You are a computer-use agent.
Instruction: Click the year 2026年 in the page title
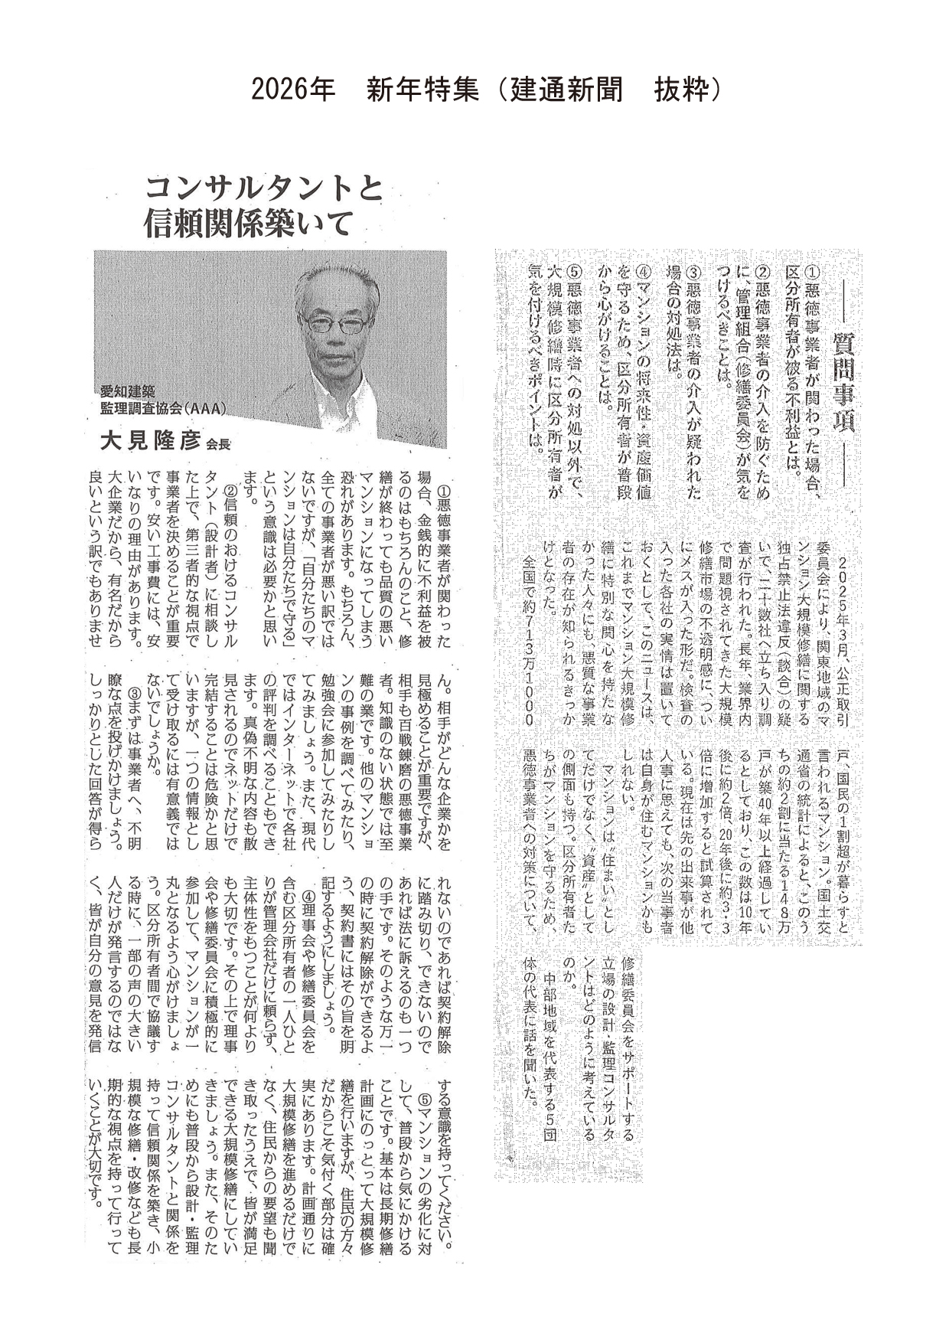[x=293, y=90]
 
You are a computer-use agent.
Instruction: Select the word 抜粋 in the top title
[x=680, y=90]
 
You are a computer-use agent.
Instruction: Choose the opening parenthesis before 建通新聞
[x=494, y=90]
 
